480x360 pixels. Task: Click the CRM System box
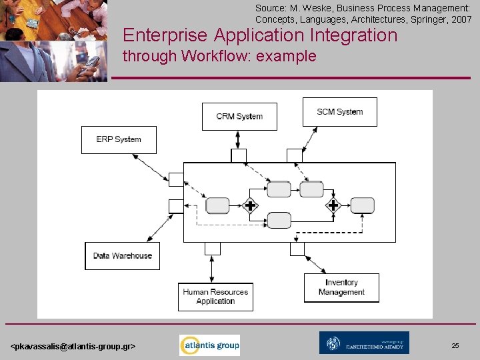[x=239, y=117]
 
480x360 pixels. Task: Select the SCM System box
[x=339, y=112]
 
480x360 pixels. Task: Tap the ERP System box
[x=119, y=139]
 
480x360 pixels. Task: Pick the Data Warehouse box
[x=123, y=255]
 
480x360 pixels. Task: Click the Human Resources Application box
[x=215, y=297]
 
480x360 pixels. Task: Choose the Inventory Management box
[x=341, y=287]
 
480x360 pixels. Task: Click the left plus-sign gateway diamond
[x=251, y=205]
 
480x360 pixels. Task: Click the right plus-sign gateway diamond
[x=333, y=205]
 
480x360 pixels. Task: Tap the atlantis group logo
[x=209, y=345]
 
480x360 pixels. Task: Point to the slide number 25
[x=455, y=346]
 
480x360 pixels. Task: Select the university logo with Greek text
[x=364, y=343]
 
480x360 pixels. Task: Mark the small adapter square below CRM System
[x=239, y=155]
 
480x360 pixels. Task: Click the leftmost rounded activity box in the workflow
[x=217, y=205]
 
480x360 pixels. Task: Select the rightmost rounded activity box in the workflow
[x=363, y=205]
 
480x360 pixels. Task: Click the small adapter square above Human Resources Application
[x=212, y=249]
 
